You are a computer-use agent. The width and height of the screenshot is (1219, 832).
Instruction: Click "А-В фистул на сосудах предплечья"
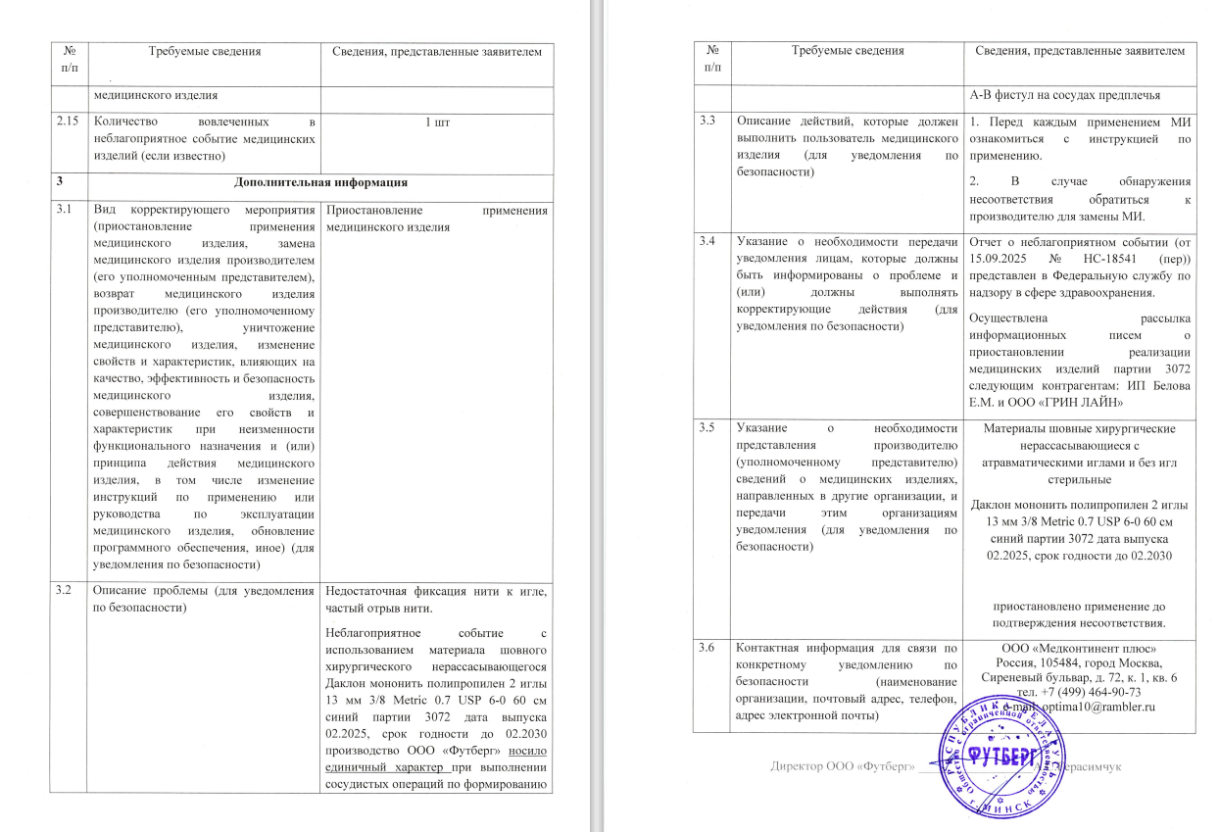pyautogui.click(x=1064, y=94)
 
